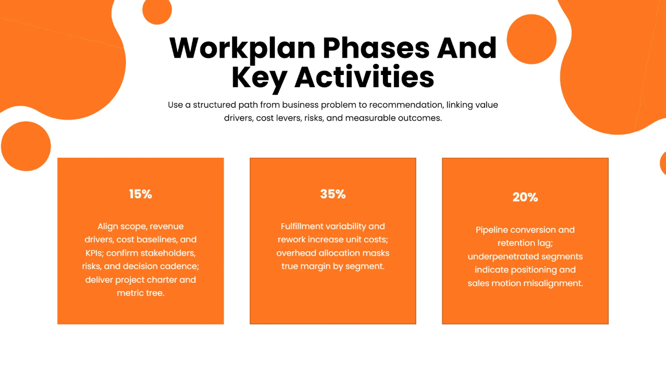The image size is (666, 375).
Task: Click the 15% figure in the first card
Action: point(140,194)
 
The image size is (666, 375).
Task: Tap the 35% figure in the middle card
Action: point(333,194)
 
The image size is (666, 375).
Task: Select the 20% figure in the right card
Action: point(525,197)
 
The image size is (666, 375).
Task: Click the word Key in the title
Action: point(259,78)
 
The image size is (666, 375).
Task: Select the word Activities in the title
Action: point(364,78)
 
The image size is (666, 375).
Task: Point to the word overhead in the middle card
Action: point(297,253)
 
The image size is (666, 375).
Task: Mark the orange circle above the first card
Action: point(26,146)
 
